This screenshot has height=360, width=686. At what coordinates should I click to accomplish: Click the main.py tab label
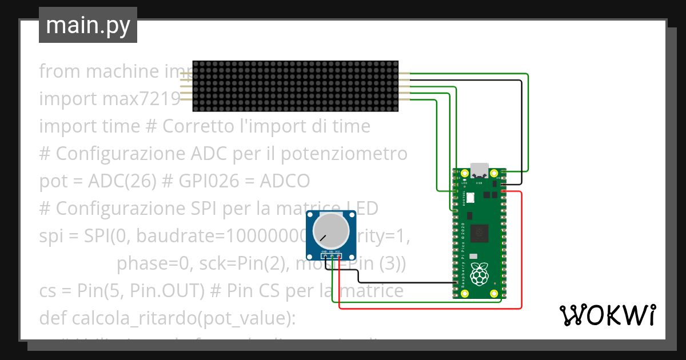(x=87, y=26)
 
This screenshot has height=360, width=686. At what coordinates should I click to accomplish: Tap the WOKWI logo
(x=607, y=314)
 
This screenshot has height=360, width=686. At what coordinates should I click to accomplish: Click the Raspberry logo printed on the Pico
(x=479, y=275)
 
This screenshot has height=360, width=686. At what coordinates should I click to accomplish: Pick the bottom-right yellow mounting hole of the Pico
(x=494, y=293)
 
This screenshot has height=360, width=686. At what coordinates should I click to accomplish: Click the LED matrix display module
(x=295, y=86)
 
